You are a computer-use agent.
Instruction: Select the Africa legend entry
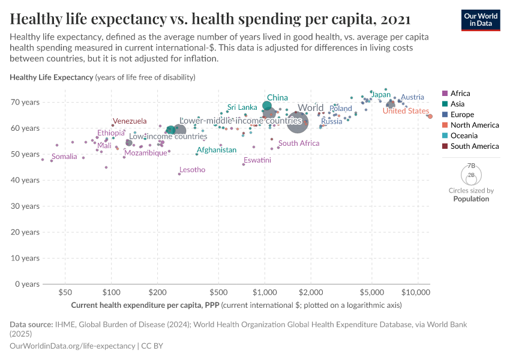tap(460, 94)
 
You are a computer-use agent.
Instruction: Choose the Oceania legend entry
tap(464, 136)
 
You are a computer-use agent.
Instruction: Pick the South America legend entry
tap(474, 146)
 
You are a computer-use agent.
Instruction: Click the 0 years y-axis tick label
tap(27, 284)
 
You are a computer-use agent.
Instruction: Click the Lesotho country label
tap(192, 170)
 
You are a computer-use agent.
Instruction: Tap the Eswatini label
tap(257, 160)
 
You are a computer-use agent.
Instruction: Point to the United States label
tap(406, 111)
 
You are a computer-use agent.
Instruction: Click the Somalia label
tap(64, 157)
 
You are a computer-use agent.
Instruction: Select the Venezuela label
tap(130, 121)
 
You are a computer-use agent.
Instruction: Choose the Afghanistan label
tap(216, 150)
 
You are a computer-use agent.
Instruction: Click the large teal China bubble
tap(267, 107)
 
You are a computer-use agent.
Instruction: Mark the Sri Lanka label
tap(242, 107)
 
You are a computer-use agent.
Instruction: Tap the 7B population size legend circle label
tap(471, 166)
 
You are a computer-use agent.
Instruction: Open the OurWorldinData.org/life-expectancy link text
tap(73, 346)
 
